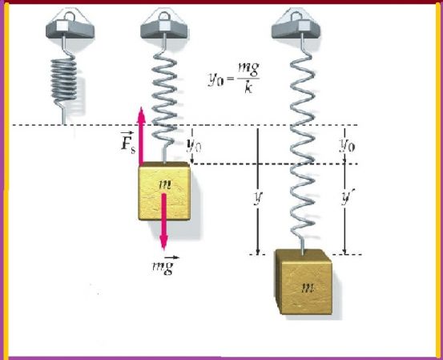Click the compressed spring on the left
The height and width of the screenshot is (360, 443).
[63, 80]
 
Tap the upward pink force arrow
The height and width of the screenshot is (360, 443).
[141, 136]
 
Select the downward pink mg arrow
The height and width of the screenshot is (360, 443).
[163, 221]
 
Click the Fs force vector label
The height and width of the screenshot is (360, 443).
[127, 142]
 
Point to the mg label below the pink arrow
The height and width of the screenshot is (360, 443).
[165, 265]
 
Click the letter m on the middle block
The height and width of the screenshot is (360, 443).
[165, 184]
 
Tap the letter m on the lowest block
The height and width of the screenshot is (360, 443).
[308, 288]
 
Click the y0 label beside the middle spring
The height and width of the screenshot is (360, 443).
[195, 146]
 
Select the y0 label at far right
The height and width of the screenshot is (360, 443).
[347, 146]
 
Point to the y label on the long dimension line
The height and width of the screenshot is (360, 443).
[258, 197]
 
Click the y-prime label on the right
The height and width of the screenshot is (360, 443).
[347, 197]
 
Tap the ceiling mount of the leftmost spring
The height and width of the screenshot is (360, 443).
[70, 26]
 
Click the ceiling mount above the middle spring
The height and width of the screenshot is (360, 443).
[165, 26]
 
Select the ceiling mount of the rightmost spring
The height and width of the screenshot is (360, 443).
[296, 26]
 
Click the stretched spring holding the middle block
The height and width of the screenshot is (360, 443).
[165, 99]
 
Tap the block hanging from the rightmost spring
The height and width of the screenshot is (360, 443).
[304, 282]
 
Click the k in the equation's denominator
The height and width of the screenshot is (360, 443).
[248, 88]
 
